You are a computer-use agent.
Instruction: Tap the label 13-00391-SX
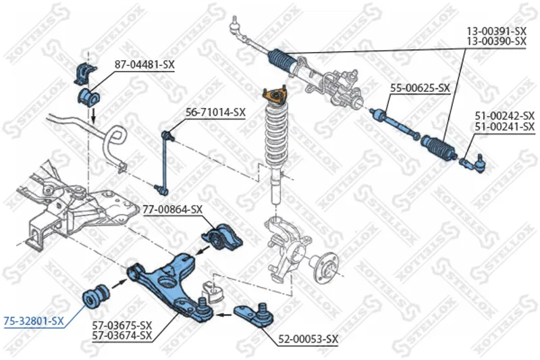pos(496,31)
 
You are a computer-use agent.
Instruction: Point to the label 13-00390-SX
pos(496,41)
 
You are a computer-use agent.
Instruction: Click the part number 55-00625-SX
pos(421,88)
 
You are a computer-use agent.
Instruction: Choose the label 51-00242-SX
pos(505,116)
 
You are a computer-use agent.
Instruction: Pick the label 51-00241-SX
pos(505,126)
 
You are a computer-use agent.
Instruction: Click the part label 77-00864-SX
pos(172,209)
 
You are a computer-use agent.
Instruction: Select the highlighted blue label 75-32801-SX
pos(34,322)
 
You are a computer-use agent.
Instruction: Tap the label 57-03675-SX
pos(122,326)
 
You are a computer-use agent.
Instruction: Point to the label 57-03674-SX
pos(122,335)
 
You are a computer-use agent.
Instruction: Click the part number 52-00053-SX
pos(308,340)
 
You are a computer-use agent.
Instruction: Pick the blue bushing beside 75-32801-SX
pos(95,295)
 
